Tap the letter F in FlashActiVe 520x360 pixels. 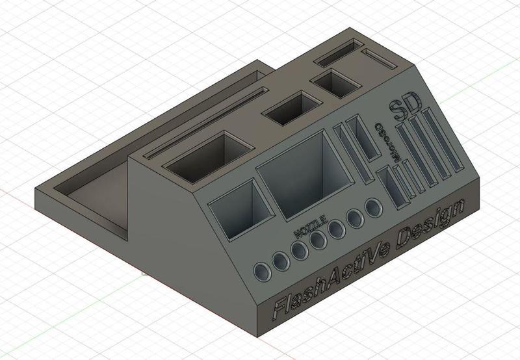point(280,307)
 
